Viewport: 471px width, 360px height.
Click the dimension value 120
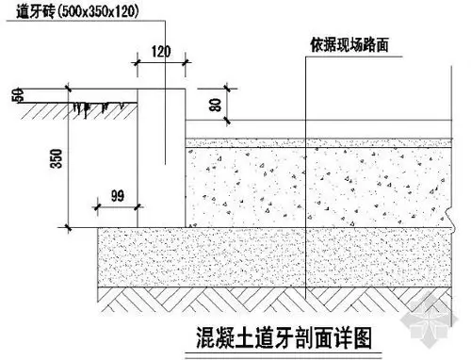[x=160, y=52]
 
